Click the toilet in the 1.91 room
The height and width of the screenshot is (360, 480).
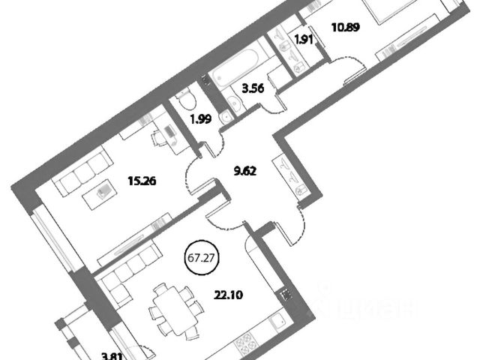coord(298,67)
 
